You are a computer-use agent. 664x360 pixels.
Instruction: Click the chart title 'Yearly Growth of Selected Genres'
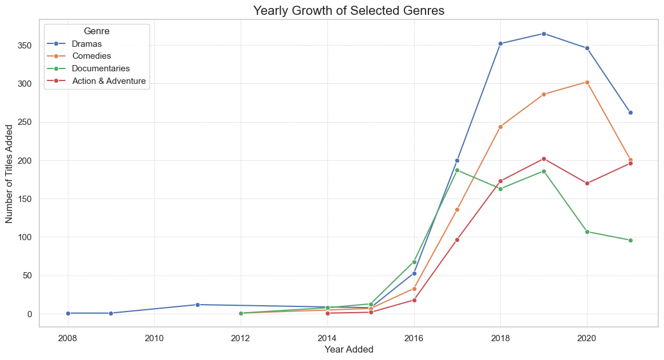coord(349,10)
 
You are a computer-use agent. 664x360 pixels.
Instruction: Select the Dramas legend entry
coord(87,43)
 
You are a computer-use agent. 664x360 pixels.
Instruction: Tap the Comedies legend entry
coord(91,56)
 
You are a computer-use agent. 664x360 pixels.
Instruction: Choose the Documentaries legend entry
coord(101,68)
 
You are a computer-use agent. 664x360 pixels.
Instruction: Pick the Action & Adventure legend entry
coord(109,81)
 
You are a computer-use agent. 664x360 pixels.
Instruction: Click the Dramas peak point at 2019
coord(544,34)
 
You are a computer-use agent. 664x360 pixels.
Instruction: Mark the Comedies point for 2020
coord(587,82)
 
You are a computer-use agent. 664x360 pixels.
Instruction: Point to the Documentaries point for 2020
coord(587,232)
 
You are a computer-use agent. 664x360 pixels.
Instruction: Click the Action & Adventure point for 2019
coord(544,159)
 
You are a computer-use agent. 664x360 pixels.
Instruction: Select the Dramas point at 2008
coord(68,313)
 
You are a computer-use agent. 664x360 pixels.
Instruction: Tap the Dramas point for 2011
coord(197,305)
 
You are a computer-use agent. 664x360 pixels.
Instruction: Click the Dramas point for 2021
coord(630,112)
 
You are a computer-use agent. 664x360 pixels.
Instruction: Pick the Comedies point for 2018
coord(500,127)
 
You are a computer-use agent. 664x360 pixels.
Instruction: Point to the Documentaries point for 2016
coord(414,262)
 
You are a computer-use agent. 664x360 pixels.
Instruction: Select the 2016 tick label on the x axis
coord(414,337)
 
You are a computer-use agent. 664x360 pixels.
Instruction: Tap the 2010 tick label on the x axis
coord(154,337)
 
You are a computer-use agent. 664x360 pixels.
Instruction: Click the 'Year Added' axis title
coord(349,349)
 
